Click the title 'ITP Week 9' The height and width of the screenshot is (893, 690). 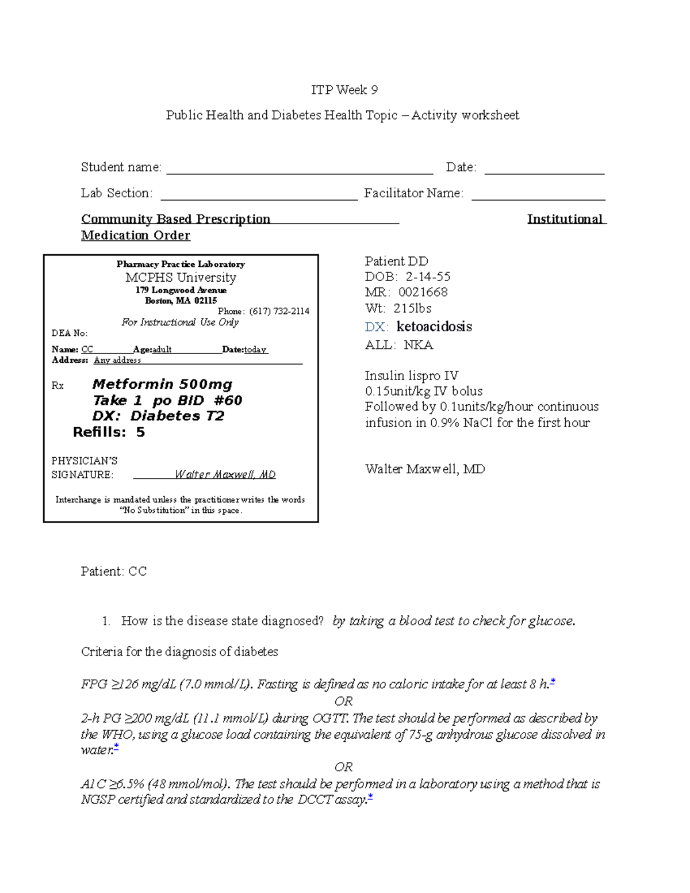click(x=344, y=90)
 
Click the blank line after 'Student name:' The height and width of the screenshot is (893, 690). click(x=299, y=172)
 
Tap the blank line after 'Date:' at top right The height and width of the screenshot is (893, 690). click(x=544, y=172)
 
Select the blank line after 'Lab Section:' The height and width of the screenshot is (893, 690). click(x=259, y=198)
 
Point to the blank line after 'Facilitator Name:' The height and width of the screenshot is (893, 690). click(x=538, y=198)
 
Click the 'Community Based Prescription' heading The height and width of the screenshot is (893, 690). click(x=175, y=219)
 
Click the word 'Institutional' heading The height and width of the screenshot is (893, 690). click(x=565, y=219)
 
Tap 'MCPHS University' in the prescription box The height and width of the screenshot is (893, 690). click(x=181, y=278)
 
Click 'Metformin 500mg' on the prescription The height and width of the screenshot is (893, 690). click(x=162, y=384)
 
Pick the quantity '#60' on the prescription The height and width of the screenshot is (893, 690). click(x=228, y=400)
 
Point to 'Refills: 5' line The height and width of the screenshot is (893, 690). click(x=109, y=432)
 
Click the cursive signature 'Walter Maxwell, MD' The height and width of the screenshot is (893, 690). click(x=225, y=474)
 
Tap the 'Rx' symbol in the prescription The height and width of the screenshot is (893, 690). click(x=57, y=386)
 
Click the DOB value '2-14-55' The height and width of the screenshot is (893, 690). click(x=428, y=277)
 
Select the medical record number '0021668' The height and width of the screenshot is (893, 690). click(x=423, y=292)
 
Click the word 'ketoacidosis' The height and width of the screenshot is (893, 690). click(x=434, y=327)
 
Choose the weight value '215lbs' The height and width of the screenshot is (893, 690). click(x=412, y=308)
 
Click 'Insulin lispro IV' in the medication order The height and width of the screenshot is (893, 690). click(x=411, y=376)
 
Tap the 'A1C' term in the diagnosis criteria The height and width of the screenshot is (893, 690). click(x=93, y=784)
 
